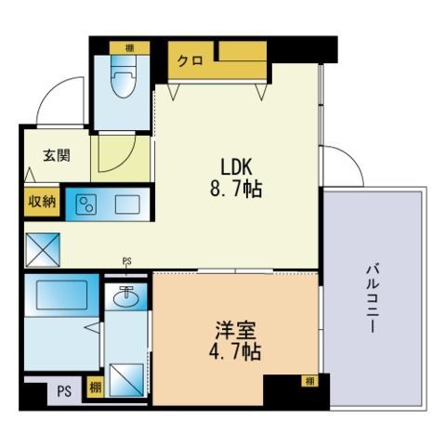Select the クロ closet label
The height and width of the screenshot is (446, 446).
(x=190, y=60)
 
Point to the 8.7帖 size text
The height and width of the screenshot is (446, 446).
(x=239, y=190)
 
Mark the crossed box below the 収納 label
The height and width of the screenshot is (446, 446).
(x=41, y=248)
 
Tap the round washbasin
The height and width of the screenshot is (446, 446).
(x=128, y=297)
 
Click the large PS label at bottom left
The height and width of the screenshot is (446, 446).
(x=64, y=391)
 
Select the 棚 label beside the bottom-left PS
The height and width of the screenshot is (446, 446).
(x=95, y=388)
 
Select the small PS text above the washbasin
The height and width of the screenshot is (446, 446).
(x=125, y=262)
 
